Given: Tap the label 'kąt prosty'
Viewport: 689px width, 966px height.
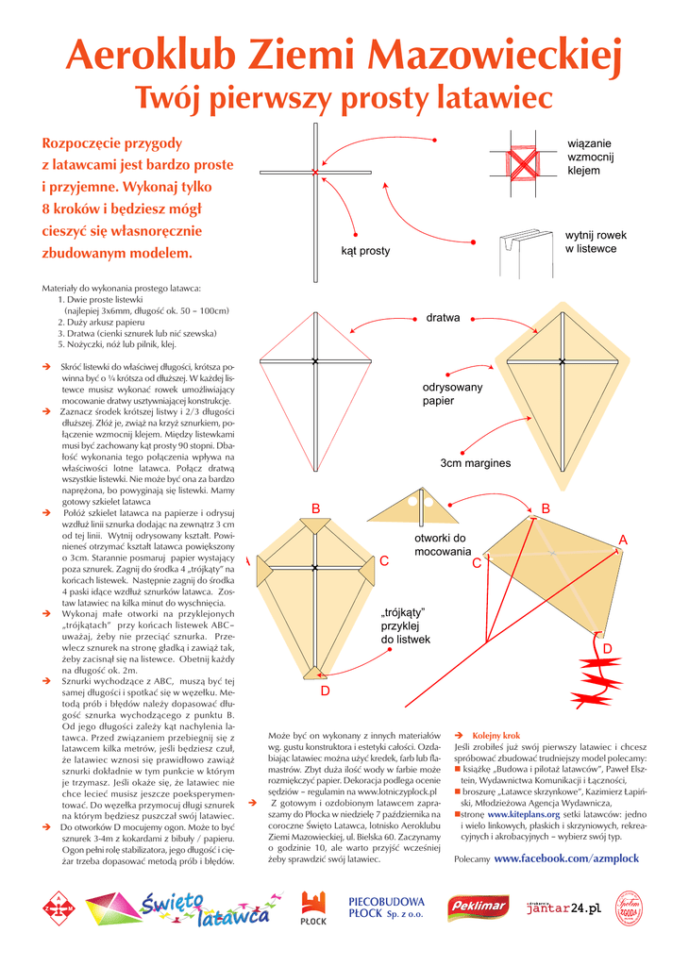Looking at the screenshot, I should click(365, 251).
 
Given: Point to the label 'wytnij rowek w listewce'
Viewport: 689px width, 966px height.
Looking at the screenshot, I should click(595, 241).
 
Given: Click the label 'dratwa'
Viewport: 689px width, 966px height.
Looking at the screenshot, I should click(443, 318).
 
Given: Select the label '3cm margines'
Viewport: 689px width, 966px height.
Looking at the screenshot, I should click(475, 463).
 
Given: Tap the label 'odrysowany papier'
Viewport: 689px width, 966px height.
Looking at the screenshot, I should click(452, 394).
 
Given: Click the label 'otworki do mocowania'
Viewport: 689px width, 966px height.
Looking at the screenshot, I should click(442, 544).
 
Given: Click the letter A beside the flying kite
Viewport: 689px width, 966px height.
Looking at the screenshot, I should click(622, 539).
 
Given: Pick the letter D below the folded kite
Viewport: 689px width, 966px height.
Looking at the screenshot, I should click(325, 691).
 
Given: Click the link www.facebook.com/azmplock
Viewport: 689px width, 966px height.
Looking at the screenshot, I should click(566, 858).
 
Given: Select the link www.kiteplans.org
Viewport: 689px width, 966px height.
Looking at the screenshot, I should click(523, 812).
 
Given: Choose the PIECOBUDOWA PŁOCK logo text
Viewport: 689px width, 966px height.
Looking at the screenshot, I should click(386, 908).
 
